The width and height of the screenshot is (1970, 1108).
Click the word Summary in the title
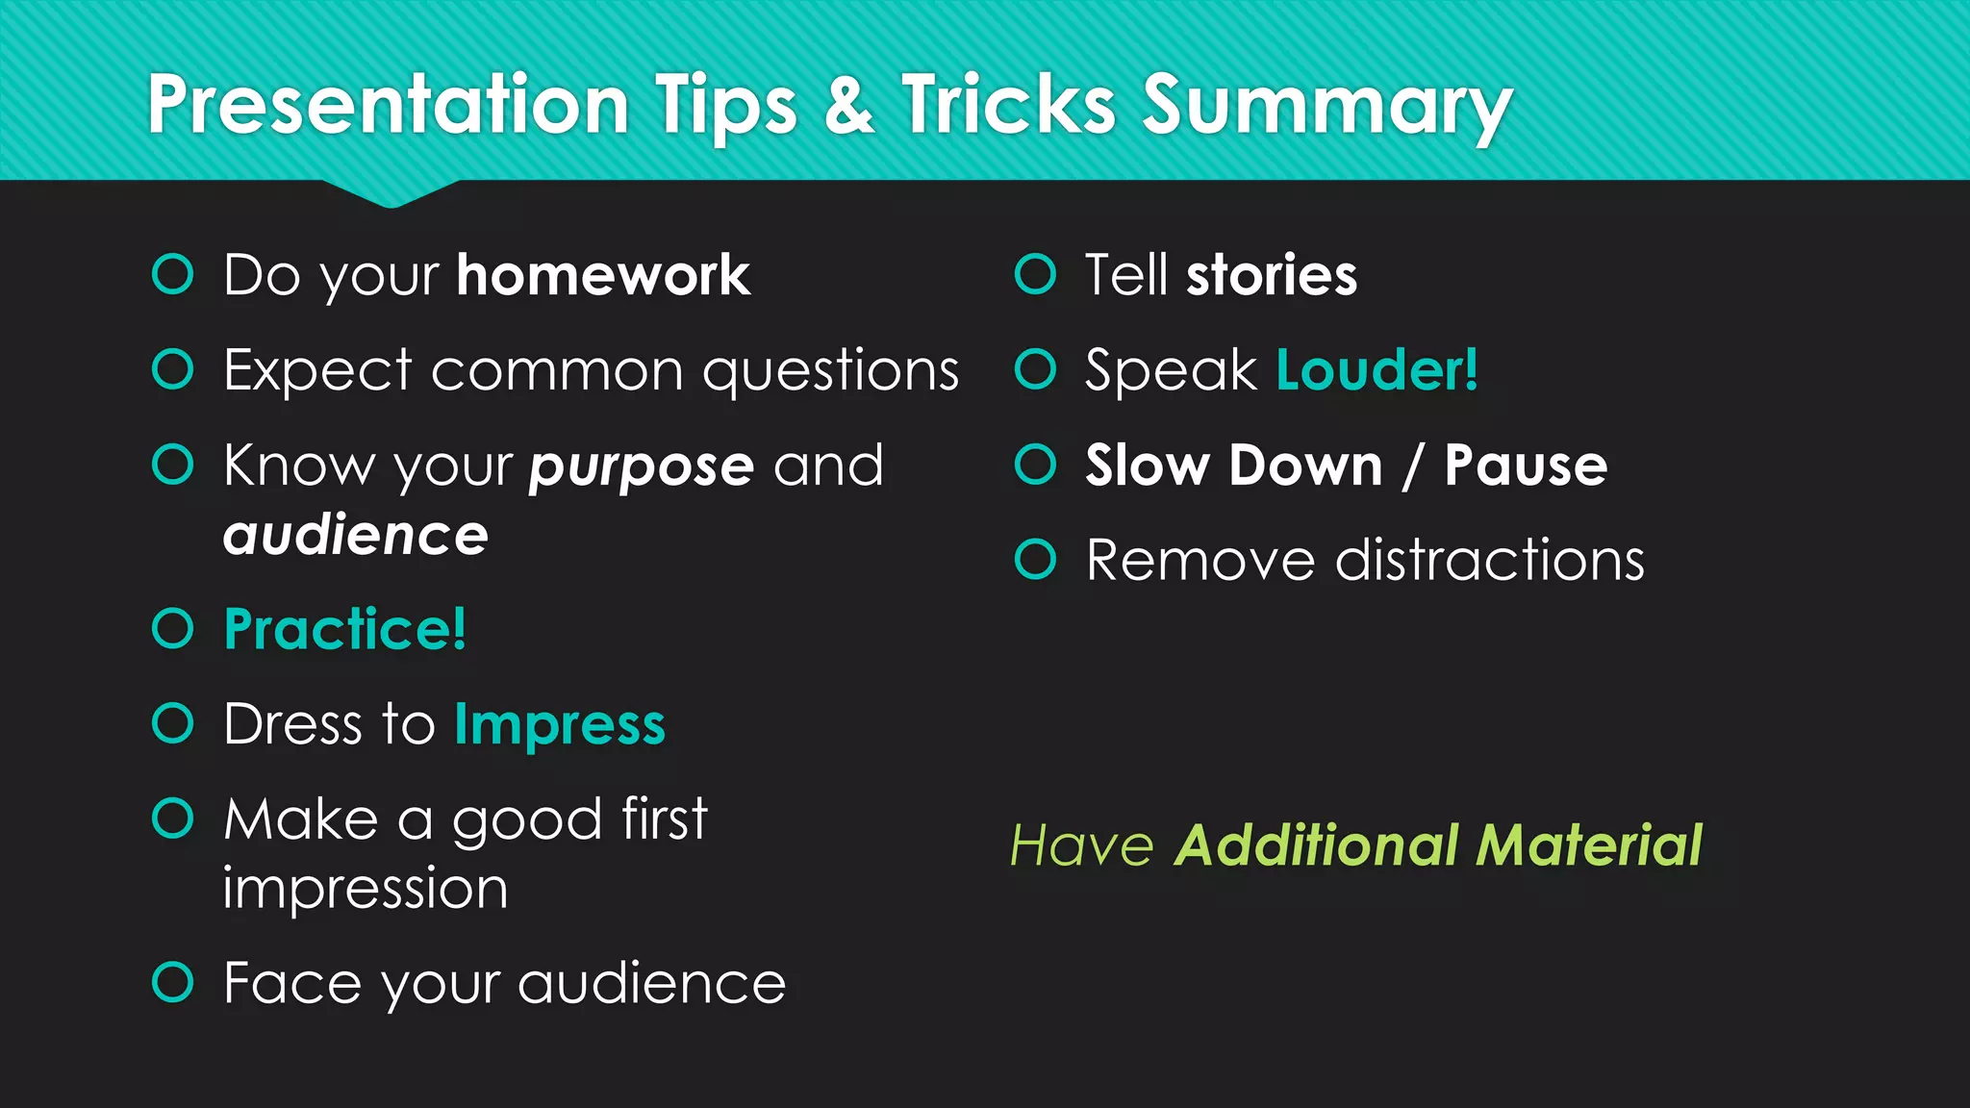(x=1327, y=106)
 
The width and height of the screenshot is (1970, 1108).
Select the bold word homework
(x=603, y=276)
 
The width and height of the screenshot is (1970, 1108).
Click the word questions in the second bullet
(x=831, y=371)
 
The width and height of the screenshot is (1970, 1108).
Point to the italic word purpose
(x=641, y=467)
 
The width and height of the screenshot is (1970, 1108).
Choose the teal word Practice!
(x=344, y=630)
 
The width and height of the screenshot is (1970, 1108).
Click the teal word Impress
(x=560, y=725)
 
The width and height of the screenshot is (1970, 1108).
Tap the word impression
(x=366, y=889)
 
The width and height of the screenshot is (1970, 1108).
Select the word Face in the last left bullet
(x=293, y=983)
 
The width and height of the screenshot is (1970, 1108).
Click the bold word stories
(x=1272, y=276)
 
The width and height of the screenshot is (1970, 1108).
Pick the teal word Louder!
(x=1376, y=370)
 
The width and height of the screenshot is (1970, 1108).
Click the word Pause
(x=1526, y=466)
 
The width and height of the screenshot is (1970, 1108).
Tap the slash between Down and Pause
(x=1413, y=466)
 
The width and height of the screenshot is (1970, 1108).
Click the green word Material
(x=1589, y=846)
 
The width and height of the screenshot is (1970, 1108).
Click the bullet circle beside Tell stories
(x=1035, y=274)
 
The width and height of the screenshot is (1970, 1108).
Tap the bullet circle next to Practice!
(x=173, y=629)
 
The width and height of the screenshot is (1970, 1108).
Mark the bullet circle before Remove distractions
(x=1035, y=560)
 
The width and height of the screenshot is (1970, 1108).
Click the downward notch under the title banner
(x=391, y=194)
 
